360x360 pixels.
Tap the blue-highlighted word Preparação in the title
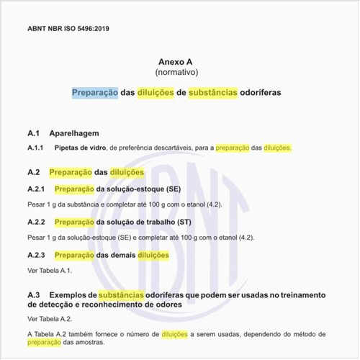[x=95, y=94]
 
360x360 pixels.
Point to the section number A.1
[x=33, y=133]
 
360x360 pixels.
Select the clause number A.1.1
[x=36, y=148]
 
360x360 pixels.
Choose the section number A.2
[x=33, y=173]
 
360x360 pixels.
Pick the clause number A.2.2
[x=36, y=222]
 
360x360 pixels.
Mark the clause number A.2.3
[x=36, y=255]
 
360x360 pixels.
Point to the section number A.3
[x=33, y=295]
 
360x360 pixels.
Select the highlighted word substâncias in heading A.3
[x=126, y=295]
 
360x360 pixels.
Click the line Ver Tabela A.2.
[x=50, y=318]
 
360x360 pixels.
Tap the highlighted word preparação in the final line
[x=44, y=343]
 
